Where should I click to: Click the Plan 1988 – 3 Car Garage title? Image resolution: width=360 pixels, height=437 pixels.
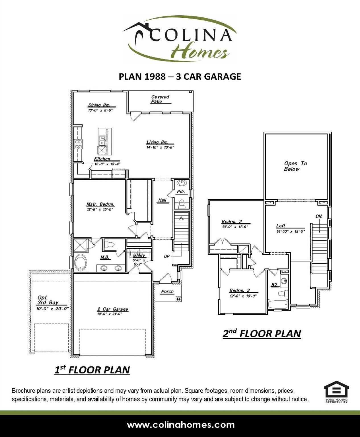tap(180, 77)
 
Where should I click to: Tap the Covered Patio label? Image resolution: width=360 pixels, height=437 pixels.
tap(160, 99)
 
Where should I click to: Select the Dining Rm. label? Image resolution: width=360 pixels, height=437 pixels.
tap(99, 105)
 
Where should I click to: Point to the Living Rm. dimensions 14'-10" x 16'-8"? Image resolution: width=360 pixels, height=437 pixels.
tap(160, 147)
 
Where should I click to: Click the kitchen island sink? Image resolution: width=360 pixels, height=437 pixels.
tap(102, 140)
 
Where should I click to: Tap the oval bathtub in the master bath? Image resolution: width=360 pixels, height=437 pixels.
tap(81, 262)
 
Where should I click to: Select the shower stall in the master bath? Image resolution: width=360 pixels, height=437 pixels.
tap(81, 246)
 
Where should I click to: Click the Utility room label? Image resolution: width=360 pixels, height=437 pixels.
tap(139, 255)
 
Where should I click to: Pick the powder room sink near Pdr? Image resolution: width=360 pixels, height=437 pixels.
tap(181, 183)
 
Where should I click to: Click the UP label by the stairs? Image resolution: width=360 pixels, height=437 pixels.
tap(167, 256)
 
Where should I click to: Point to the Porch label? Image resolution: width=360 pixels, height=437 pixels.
tap(167, 291)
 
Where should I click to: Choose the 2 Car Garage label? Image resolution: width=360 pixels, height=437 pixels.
tap(113, 309)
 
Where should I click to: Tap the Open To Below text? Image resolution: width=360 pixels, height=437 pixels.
tap(295, 166)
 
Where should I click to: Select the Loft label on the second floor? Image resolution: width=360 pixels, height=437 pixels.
tap(281, 226)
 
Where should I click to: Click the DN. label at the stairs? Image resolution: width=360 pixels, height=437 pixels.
tap(319, 216)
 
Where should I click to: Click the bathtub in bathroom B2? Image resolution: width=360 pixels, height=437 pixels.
tap(278, 304)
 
